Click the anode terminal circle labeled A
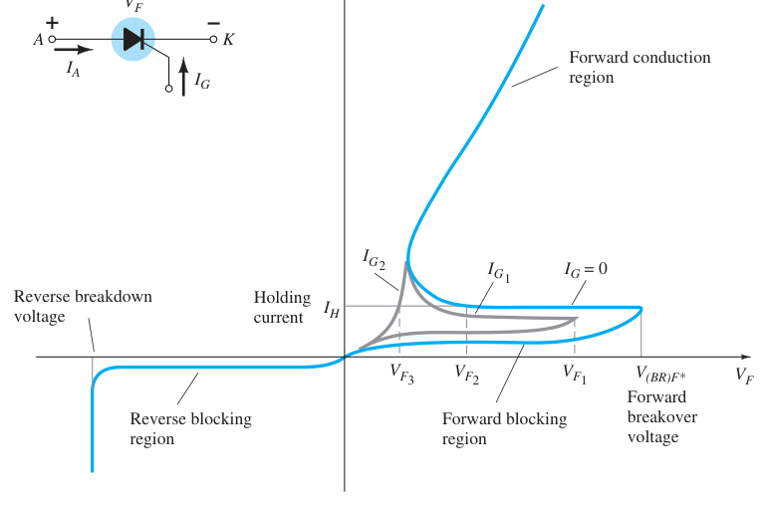click(52, 39)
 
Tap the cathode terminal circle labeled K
click(213, 39)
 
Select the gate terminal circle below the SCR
click(168, 89)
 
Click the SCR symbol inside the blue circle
click(133, 39)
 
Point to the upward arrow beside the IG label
click(183, 77)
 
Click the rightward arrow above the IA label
click(74, 49)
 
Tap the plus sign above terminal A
click(52, 23)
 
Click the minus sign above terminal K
click(214, 23)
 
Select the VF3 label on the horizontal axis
click(402, 374)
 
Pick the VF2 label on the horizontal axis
click(466, 375)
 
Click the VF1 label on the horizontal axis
click(575, 375)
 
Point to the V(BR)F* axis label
click(660, 375)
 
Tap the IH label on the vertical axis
click(331, 309)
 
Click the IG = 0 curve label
click(586, 269)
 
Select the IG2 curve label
click(375, 259)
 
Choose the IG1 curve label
click(499, 272)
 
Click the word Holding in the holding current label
click(282, 298)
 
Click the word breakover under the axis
click(662, 417)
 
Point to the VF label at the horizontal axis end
click(744, 376)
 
